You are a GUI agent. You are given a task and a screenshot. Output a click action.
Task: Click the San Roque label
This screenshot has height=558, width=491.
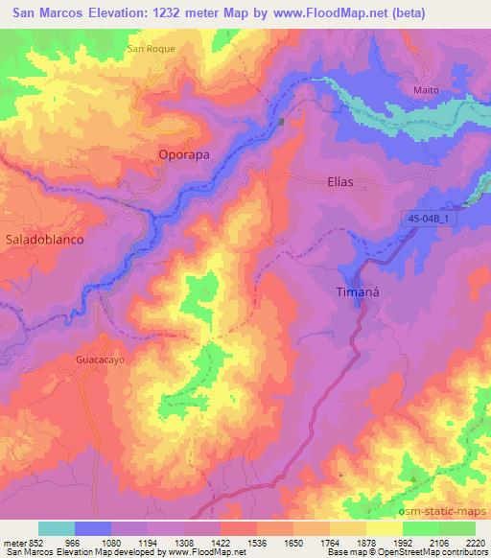tap(152, 48)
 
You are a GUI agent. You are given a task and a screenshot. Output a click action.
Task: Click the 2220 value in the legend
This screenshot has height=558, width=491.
tap(476, 542)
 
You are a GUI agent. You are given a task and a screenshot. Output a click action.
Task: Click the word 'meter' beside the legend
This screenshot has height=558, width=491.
tap(14, 542)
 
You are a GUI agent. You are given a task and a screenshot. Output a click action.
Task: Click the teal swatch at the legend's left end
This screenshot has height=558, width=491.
tap(57, 528)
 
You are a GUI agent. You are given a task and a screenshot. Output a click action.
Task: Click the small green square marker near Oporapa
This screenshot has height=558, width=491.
tap(282, 122)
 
